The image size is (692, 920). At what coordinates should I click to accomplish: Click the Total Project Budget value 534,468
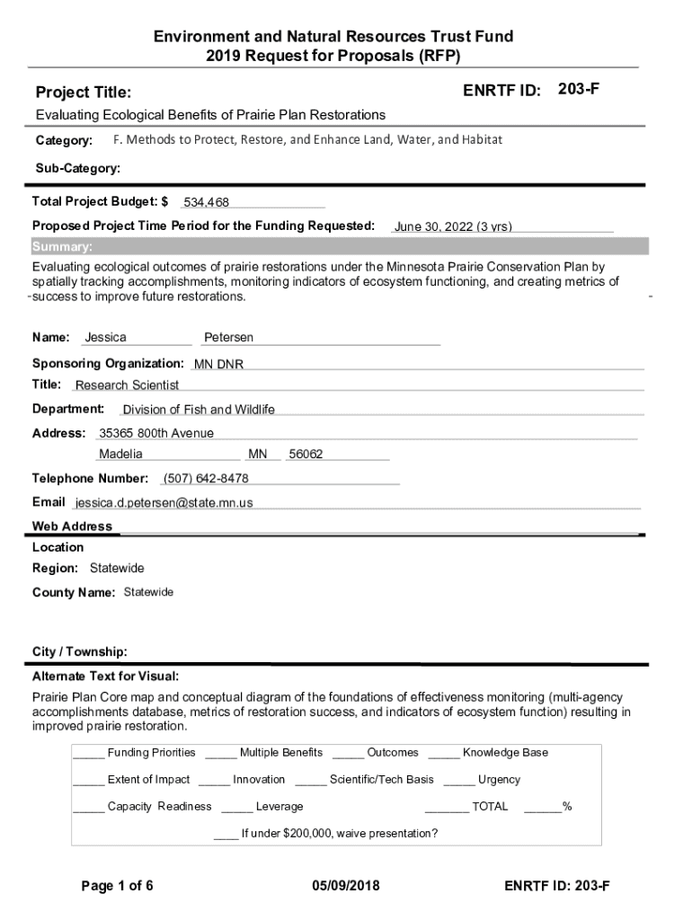(207, 203)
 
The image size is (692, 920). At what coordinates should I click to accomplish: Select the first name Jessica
(105, 338)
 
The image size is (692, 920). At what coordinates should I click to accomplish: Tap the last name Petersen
(228, 338)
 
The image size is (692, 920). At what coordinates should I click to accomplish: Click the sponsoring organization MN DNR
(218, 365)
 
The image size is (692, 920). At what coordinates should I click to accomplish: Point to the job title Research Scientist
(127, 385)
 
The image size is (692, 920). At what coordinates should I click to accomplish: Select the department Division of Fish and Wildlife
(199, 410)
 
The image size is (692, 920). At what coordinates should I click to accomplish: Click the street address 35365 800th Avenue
(156, 433)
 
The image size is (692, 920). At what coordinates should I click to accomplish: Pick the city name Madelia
(120, 455)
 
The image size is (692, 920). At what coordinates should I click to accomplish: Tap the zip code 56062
(306, 455)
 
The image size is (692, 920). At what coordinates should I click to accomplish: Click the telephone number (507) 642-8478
(206, 478)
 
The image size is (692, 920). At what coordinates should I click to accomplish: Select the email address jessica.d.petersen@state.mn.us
(164, 503)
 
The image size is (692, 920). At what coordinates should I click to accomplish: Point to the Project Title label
(83, 93)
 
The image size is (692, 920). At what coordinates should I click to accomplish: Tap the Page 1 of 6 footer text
(117, 886)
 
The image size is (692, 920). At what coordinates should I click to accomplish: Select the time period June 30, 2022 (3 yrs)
(453, 227)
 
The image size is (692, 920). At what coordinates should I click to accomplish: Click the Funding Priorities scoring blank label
(151, 753)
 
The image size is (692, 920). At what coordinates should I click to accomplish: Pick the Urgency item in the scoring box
(499, 780)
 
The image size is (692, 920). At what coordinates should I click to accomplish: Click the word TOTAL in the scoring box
(490, 807)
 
